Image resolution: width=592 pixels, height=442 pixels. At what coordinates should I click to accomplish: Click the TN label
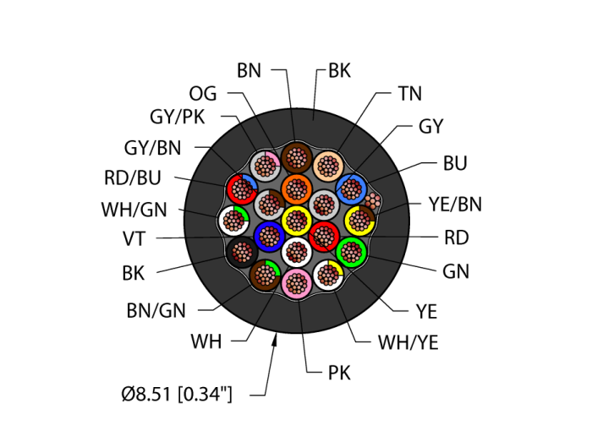click(x=409, y=94)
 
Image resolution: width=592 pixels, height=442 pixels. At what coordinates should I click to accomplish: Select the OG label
click(x=203, y=93)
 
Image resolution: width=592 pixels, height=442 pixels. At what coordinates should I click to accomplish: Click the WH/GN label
click(x=134, y=208)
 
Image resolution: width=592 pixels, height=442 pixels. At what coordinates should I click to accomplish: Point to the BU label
click(x=454, y=163)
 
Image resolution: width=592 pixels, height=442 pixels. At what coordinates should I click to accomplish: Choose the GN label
click(x=456, y=271)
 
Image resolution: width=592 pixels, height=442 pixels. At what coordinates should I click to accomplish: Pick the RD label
click(x=456, y=237)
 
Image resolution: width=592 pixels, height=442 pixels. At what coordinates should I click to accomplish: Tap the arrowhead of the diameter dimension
click(x=276, y=340)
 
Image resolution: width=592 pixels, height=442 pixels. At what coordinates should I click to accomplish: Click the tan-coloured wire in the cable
click(x=327, y=166)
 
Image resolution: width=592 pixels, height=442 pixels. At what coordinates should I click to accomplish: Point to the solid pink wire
click(x=296, y=283)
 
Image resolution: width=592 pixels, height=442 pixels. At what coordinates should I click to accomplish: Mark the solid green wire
click(x=351, y=251)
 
